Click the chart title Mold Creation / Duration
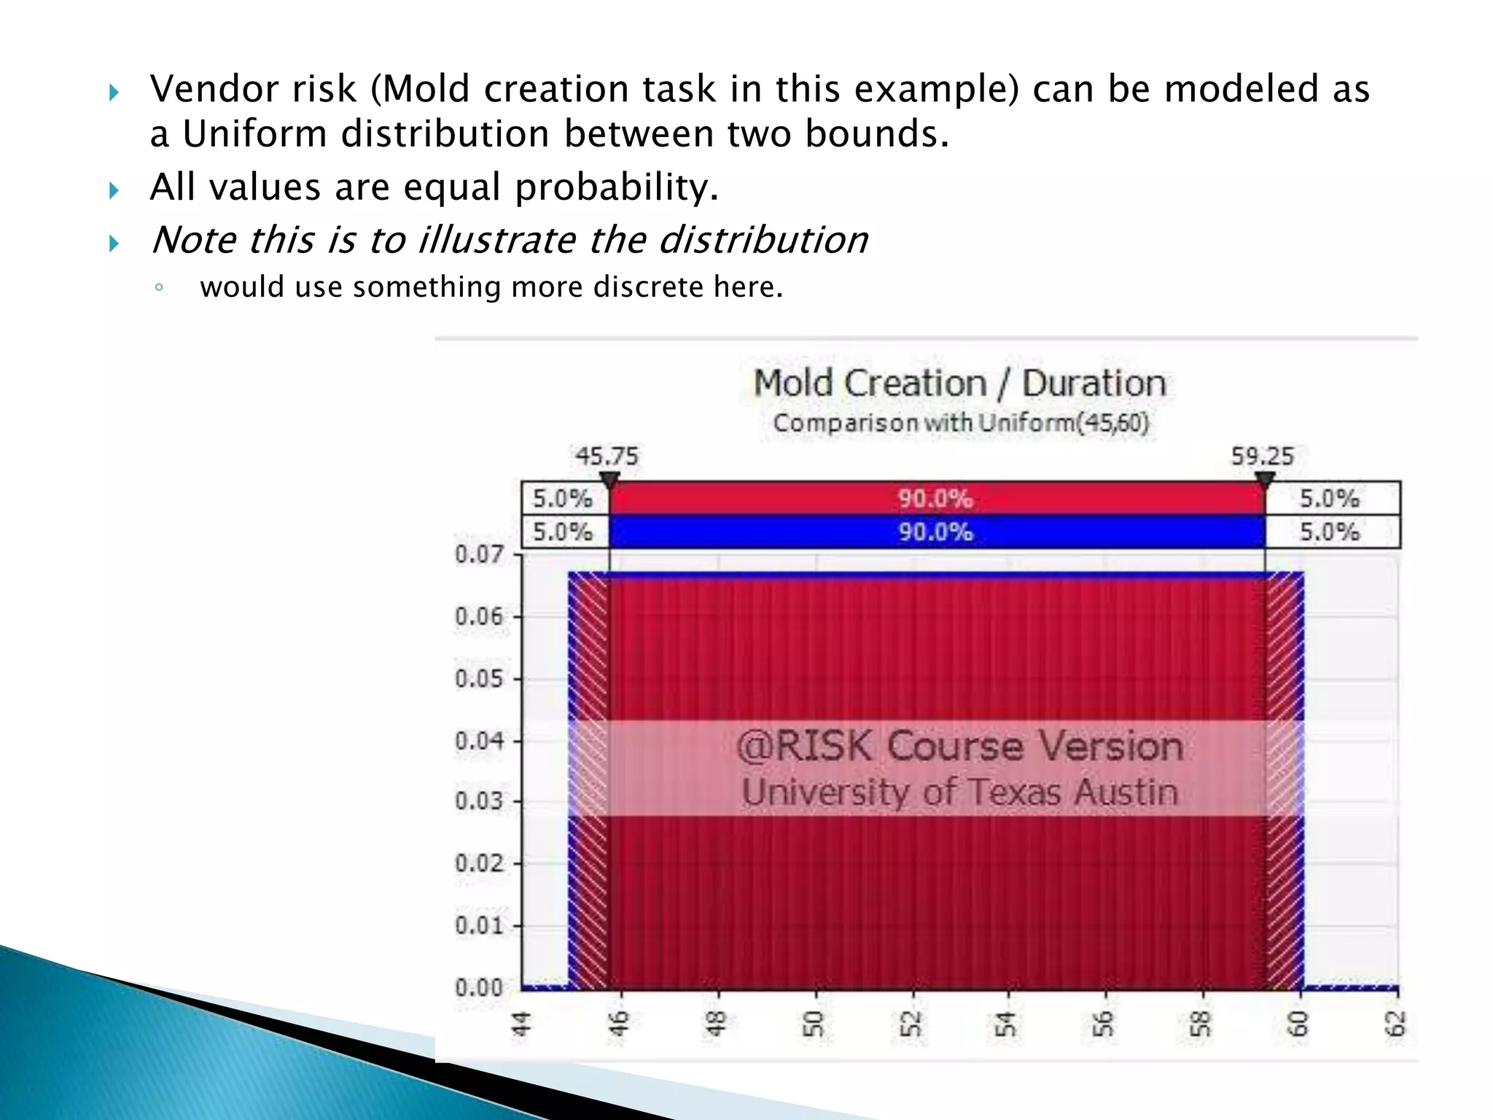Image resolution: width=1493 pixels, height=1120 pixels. tap(959, 384)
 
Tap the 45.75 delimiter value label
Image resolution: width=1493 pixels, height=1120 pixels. tap(607, 456)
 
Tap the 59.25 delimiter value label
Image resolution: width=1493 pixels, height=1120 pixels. tap(1262, 456)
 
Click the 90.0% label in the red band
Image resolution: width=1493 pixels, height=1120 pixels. tap(935, 499)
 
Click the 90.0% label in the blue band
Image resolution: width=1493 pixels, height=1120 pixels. tap(935, 532)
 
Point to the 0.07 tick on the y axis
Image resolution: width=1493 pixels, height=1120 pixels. tap(479, 554)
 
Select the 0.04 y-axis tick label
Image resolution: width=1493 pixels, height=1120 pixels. tap(479, 741)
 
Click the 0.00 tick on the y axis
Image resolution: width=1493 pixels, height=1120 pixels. tap(479, 988)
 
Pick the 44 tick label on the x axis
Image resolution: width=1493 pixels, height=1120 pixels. tap(521, 1024)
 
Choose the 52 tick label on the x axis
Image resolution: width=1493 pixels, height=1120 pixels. tap(911, 1024)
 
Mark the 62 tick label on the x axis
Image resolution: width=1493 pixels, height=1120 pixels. tap(1395, 1024)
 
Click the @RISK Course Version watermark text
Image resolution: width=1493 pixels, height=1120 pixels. tap(959, 747)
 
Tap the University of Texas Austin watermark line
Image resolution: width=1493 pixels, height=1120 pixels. tap(959, 793)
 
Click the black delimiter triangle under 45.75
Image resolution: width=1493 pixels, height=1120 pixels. tap(609, 480)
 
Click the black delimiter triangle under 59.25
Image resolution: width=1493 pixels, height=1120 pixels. tap(1265, 480)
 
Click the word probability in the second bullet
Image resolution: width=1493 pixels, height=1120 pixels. tap(617, 187)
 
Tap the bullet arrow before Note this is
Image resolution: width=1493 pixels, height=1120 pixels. tap(114, 243)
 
